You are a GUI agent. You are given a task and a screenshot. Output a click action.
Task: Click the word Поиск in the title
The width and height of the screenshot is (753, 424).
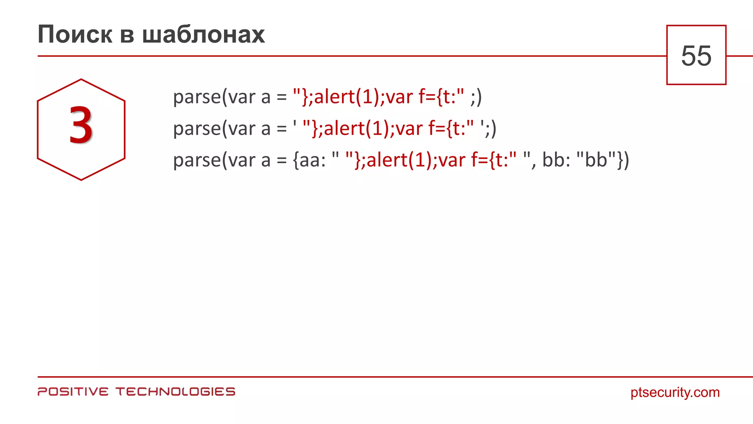75,35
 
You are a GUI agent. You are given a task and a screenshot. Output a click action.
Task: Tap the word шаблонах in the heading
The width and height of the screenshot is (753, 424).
203,35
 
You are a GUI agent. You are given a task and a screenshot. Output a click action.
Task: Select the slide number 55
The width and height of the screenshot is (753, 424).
696,56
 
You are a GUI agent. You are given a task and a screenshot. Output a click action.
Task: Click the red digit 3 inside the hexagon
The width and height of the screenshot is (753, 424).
81,126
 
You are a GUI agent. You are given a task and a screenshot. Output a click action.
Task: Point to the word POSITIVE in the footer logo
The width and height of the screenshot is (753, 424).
73,392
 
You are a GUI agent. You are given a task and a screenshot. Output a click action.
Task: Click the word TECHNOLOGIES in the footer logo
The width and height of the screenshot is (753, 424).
175,392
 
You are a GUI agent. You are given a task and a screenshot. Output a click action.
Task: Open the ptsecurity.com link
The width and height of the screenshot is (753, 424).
675,392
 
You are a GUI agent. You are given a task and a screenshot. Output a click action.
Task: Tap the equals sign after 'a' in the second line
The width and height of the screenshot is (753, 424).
282,129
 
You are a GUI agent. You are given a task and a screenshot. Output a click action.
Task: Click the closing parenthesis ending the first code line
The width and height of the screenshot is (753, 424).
479,97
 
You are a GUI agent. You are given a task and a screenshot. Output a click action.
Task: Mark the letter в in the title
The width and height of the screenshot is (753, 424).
127,35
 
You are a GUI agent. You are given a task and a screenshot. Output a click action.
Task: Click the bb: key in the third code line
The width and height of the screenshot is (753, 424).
556,160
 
